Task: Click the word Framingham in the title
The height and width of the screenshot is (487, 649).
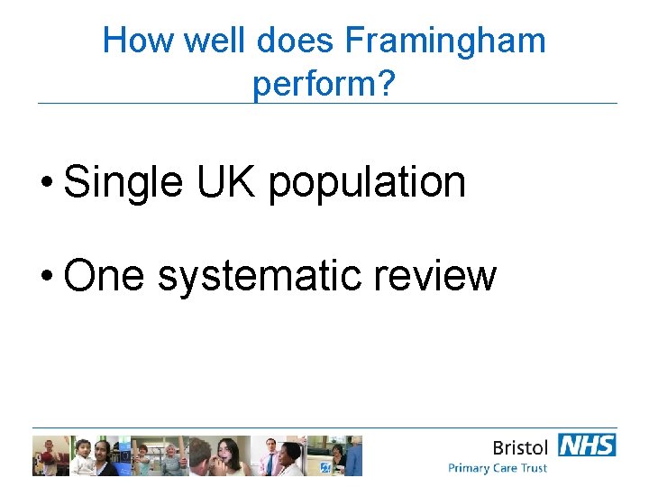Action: click(445, 41)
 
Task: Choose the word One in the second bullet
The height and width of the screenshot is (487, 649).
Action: click(104, 275)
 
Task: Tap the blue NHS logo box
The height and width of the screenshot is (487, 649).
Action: click(587, 446)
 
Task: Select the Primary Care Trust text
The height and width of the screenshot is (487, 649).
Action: click(498, 468)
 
